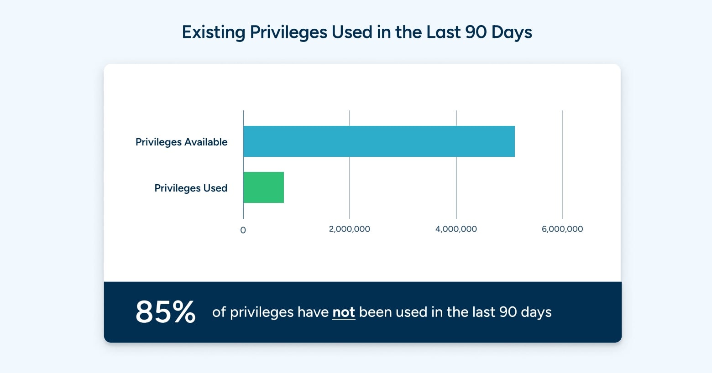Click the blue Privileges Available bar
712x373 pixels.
coord(379,141)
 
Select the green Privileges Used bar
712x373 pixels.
coord(263,187)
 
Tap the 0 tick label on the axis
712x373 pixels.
coord(243,230)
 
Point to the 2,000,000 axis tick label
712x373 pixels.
coord(349,229)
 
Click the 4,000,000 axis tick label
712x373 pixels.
coord(456,229)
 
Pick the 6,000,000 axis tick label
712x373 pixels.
coord(562,229)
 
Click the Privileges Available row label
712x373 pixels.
coord(181,142)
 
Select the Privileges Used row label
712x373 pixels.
coord(191,188)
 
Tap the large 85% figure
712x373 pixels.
coord(165,312)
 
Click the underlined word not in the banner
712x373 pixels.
coord(343,312)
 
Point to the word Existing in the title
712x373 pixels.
coord(213,32)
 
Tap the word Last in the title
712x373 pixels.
coord(443,32)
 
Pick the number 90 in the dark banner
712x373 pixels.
coord(508,312)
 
